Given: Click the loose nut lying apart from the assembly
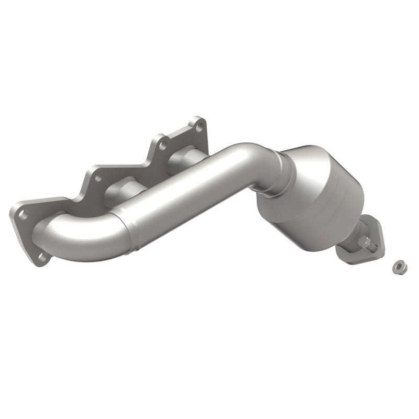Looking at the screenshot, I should coord(397,267).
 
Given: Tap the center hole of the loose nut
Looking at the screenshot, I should coord(397,267).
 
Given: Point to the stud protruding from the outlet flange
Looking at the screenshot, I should coord(371,242).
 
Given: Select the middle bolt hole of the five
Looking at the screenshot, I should coord(97,177).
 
